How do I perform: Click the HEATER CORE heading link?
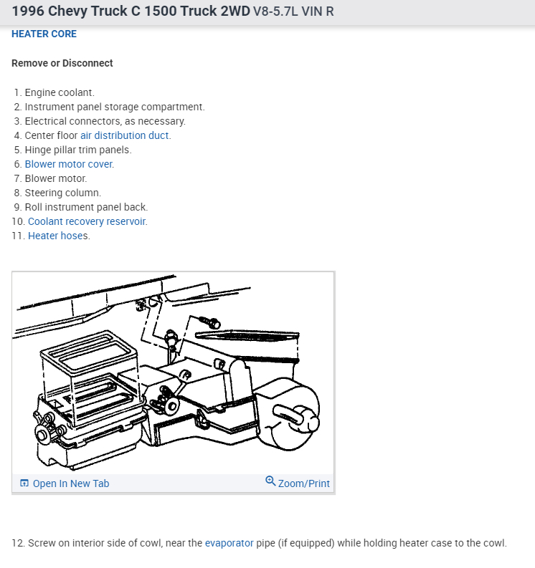[x=44, y=34]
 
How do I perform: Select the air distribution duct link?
[x=125, y=135]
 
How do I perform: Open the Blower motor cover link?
[x=69, y=164]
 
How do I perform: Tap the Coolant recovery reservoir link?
[x=87, y=221]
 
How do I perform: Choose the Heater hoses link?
[x=58, y=236]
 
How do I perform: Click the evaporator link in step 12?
[x=229, y=543]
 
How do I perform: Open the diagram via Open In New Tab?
[x=71, y=483]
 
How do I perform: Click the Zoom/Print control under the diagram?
[x=303, y=483]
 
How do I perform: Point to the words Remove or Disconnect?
[x=62, y=63]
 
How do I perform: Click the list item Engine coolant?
[x=60, y=92]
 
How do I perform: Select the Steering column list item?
[x=63, y=193]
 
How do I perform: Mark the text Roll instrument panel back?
[x=86, y=207]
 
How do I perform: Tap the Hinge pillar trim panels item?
[x=78, y=150]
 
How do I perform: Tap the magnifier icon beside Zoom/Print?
[x=270, y=481]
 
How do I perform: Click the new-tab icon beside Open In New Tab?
[x=24, y=483]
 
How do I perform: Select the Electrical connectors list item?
[x=105, y=121]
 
